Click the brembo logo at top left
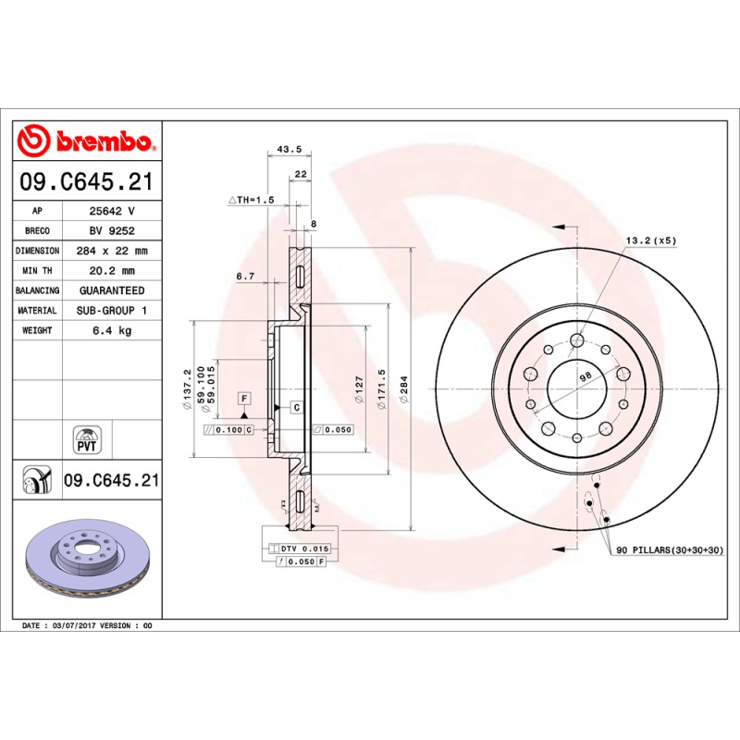(86, 142)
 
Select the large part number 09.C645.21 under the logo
(86, 183)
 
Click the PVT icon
(86, 439)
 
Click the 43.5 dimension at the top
(290, 150)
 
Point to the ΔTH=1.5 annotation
(252, 200)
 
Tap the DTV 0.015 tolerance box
(303, 549)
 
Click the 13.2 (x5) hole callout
(651, 240)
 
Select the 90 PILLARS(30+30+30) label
(670, 550)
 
